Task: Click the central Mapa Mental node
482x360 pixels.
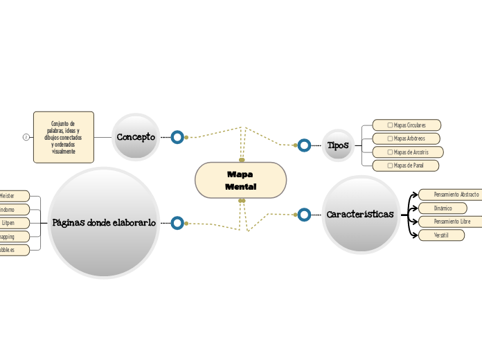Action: (240, 181)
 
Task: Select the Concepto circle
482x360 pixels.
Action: (136, 137)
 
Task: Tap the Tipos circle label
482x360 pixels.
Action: (338, 145)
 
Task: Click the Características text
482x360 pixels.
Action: (360, 215)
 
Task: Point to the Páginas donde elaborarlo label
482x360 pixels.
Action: (104, 222)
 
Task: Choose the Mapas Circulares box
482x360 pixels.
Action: (407, 125)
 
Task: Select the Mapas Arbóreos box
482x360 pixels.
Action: (407, 138)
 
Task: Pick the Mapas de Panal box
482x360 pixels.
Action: (407, 165)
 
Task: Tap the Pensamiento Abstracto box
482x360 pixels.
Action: (450, 195)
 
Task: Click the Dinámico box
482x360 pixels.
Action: (443, 208)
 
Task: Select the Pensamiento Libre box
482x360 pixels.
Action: (450, 222)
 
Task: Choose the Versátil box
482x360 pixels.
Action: (441, 235)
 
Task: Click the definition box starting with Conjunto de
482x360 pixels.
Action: (64, 137)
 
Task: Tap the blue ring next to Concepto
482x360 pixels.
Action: (177, 137)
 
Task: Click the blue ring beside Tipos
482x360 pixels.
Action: (304, 145)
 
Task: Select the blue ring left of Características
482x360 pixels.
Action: (304, 215)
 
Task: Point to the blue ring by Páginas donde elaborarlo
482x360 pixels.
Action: (177, 222)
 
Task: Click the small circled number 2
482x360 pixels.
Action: (26, 137)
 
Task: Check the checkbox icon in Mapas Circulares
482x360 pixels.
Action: (390, 125)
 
